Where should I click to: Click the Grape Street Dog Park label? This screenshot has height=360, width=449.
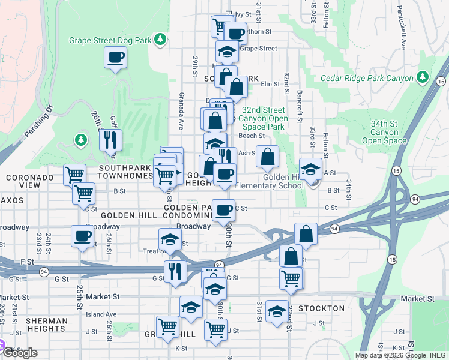pyautogui.click(x=110, y=41)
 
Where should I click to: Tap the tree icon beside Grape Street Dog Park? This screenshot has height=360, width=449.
pyautogui.click(x=160, y=40)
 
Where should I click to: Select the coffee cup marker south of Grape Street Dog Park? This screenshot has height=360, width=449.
pyautogui.click(x=115, y=58)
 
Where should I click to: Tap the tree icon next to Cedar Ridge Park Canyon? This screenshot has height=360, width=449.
pyautogui.click(x=423, y=77)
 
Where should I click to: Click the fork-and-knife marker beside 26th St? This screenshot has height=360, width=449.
pyautogui.click(x=110, y=140)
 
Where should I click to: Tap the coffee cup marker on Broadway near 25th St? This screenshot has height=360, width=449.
pyautogui.click(x=82, y=236)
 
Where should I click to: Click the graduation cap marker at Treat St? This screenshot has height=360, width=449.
pyautogui.click(x=170, y=239)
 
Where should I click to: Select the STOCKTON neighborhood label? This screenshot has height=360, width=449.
pyautogui.click(x=322, y=308)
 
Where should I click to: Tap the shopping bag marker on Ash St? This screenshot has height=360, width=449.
pyautogui.click(x=268, y=157)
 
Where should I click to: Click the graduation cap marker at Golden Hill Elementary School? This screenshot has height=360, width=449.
pyautogui.click(x=311, y=169)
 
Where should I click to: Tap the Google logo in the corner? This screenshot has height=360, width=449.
pyautogui.click(x=19, y=352)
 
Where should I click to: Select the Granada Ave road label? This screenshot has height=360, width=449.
pyautogui.click(x=181, y=111)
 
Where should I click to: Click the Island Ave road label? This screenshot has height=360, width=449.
pyautogui.click(x=101, y=314)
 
